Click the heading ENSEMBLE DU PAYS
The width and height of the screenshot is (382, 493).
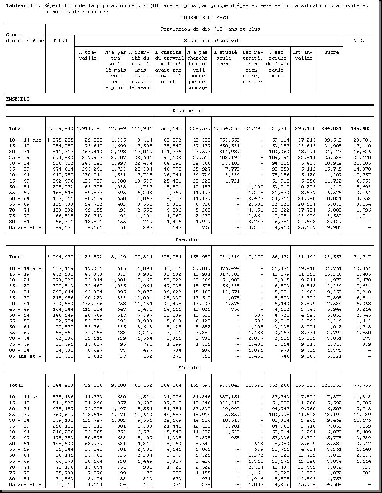pos(205,17)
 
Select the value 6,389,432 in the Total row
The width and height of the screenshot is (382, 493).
pos(60,128)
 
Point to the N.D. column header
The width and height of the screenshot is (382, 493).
pos(358,41)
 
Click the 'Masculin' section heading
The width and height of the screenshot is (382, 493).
pos(187,239)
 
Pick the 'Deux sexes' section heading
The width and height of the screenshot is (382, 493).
pos(187,111)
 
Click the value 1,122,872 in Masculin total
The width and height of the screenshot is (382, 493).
pos(89,257)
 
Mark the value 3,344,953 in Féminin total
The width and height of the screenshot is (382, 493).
pos(60,385)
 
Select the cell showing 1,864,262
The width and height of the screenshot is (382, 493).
pos(226,128)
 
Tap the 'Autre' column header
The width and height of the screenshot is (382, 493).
pos(331,52)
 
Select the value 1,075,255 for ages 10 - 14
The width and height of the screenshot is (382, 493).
pos(60,140)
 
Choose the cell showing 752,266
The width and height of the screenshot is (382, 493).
pos(277,385)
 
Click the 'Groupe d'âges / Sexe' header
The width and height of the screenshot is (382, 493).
pos(25,38)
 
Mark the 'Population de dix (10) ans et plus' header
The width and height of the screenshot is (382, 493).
pos(210,29)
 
